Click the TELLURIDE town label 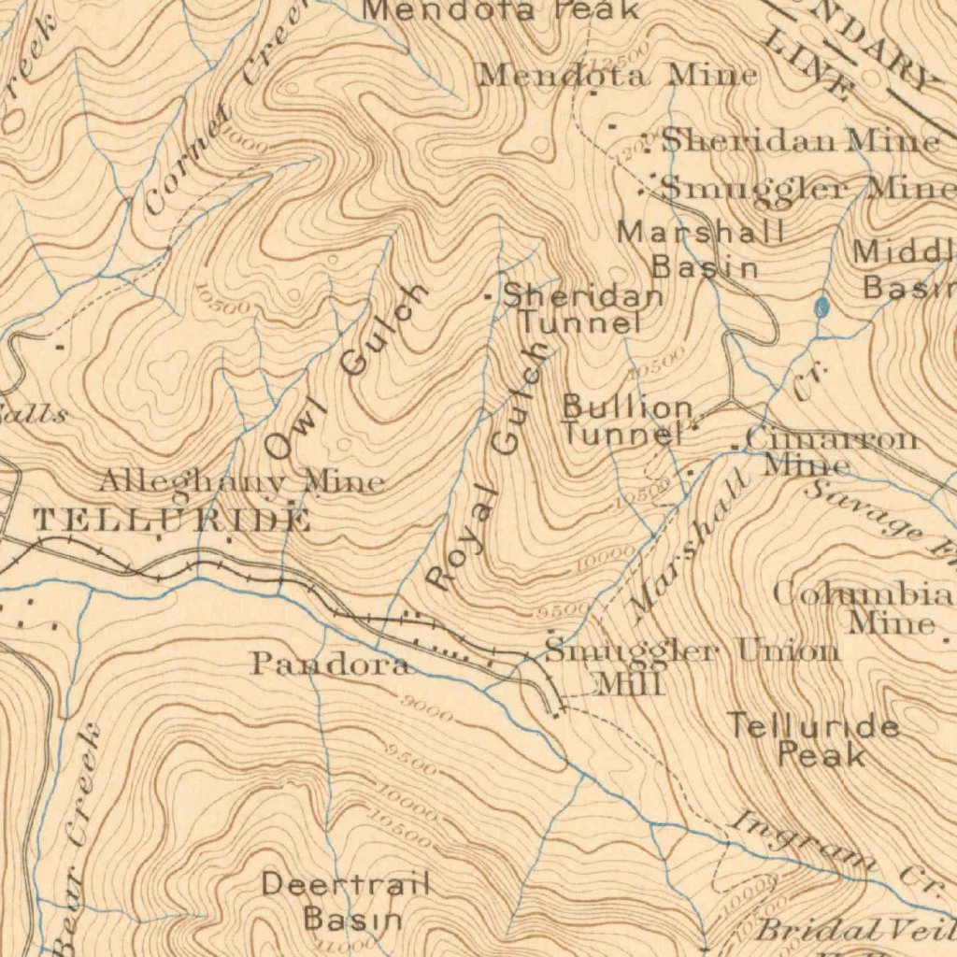pyautogui.click(x=172, y=521)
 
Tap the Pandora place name pyautogui.click(x=329, y=664)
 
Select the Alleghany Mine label pyautogui.click(x=241, y=482)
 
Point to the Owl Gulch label pyautogui.click(x=346, y=371)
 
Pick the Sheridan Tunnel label pyautogui.click(x=582, y=309)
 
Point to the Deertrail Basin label pyautogui.click(x=346, y=900)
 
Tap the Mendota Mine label pyautogui.click(x=617, y=75)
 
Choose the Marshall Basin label pyautogui.click(x=703, y=249)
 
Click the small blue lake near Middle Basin pyautogui.click(x=821, y=307)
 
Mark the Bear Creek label pyautogui.click(x=79, y=841)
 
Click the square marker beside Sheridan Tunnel pyautogui.click(x=488, y=297)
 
